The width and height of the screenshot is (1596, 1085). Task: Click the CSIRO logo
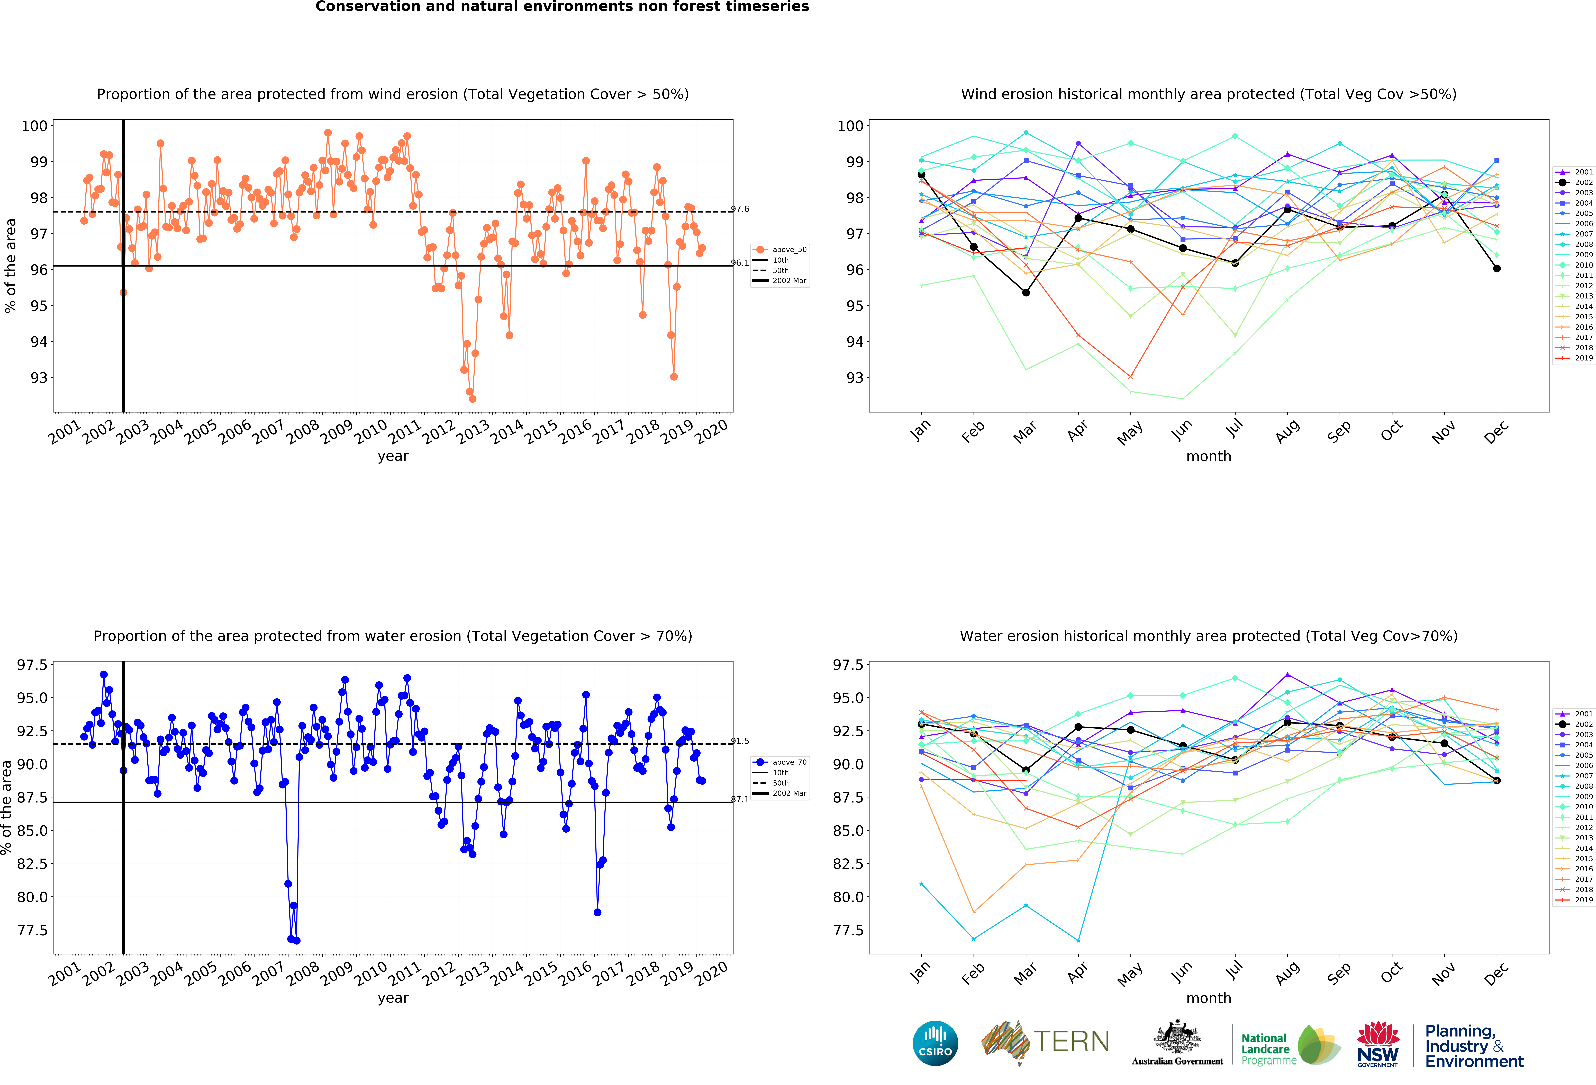tap(935, 1043)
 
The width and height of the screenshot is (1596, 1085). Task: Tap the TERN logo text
tap(1071, 1042)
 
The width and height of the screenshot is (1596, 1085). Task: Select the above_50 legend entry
tap(780, 249)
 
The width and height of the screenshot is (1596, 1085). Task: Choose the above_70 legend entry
tap(780, 762)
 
